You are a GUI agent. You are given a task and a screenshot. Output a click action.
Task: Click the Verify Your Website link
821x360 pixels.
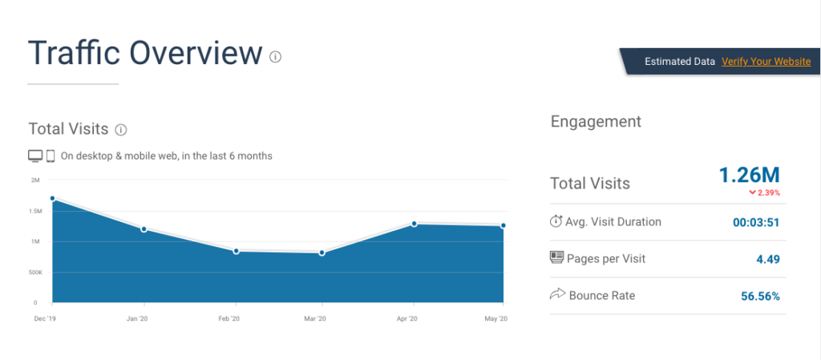click(x=766, y=62)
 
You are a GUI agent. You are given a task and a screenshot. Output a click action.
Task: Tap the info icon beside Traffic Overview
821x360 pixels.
click(x=275, y=56)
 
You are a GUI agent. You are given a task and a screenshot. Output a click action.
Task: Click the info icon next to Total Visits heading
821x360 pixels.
click(x=121, y=129)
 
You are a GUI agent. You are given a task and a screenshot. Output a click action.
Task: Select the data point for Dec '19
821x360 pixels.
click(x=52, y=198)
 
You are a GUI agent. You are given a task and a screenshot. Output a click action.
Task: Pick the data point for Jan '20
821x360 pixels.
click(x=144, y=229)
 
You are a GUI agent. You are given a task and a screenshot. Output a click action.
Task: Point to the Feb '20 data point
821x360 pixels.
click(x=236, y=251)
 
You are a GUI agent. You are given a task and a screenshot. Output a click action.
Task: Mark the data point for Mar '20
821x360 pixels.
click(x=322, y=253)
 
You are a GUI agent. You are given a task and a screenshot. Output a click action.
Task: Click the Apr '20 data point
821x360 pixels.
click(x=414, y=224)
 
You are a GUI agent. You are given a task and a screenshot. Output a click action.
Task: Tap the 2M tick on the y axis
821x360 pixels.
click(x=34, y=180)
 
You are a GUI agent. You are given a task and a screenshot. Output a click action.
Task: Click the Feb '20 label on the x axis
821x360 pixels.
click(x=229, y=319)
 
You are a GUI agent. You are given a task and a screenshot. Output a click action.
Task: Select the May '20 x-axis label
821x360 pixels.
click(x=497, y=319)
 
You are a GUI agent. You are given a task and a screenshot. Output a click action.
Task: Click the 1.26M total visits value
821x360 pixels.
click(x=749, y=175)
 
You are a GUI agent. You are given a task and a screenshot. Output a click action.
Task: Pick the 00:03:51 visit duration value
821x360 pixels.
click(x=756, y=223)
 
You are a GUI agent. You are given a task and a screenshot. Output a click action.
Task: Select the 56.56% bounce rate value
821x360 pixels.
click(x=760, y=296)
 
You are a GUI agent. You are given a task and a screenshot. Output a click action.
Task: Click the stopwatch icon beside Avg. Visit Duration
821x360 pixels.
click(x=556, y=221)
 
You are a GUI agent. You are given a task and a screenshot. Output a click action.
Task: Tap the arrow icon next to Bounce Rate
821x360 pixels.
click(x=556, y=295)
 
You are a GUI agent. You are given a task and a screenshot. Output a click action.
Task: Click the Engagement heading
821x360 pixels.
click(x=596, y=121)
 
